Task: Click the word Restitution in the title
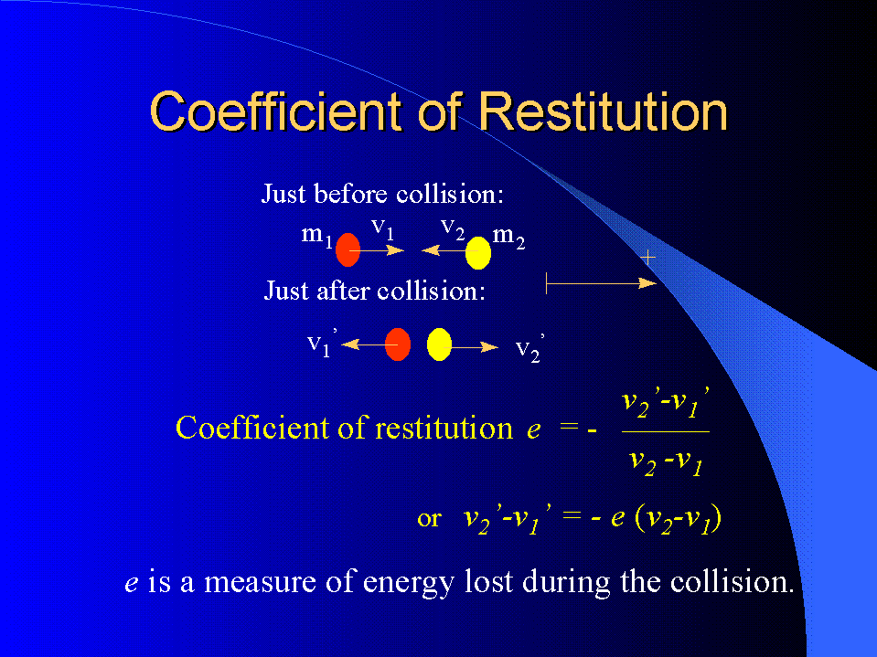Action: (603, 111)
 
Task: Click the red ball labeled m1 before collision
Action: (348, 249)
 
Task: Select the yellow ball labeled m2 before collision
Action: (478, 252)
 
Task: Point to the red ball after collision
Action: (398, 344)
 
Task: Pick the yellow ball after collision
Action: (439, 344)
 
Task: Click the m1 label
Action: (317, 236)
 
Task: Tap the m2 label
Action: (509, 237)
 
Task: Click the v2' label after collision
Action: (529, 349)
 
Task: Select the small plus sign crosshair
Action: (647, 258)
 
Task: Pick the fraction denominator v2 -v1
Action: (666, 462)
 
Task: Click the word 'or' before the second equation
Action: (429, 519)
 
